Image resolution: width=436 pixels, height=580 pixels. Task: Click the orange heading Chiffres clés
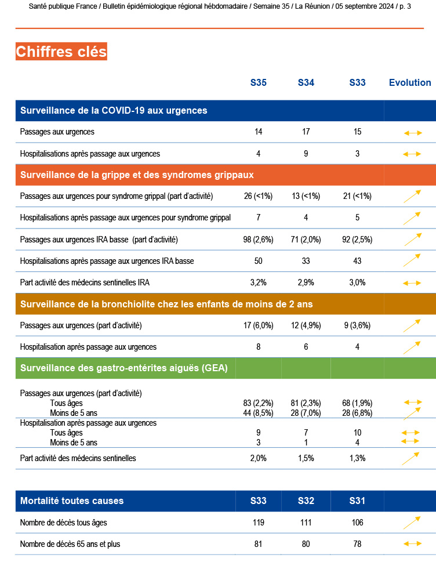[x=61, y=52]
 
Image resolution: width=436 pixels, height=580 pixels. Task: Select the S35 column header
[x=259, y=82]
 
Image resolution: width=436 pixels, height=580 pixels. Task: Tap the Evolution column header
[x=410, y=82]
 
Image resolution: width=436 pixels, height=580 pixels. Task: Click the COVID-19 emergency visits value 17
[x=306, y=132]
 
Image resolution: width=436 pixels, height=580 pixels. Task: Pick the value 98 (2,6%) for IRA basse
[x=259, y=239]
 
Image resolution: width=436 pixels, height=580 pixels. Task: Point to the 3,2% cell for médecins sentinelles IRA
[x=259, y=282]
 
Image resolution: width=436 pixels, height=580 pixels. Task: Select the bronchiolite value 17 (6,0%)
[x=259, y=325]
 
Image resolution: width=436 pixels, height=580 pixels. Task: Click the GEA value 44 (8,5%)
[x=259, y=413]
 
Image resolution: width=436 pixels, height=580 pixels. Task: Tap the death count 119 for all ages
[x=259, y=523]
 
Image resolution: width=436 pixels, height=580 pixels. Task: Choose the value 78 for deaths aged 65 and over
[x=358, y=544]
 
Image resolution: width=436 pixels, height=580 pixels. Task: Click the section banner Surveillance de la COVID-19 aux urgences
[x=114, y=110]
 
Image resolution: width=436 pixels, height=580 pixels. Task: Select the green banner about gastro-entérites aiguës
[x=124, y=368]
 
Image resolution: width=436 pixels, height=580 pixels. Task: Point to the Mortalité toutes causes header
[x=72, y=501]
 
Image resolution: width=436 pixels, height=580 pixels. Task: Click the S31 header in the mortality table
[x=358, y=501]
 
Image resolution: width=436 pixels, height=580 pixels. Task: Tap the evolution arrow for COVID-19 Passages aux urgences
[x=412, y=133]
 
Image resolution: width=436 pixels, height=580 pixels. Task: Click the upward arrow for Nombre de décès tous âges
[x=412, y=523]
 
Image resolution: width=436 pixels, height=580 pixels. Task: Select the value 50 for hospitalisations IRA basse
[x=259, y=261]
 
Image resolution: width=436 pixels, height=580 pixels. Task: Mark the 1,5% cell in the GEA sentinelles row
[x=306, y=458]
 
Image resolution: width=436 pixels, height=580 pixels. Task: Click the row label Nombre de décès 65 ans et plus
[x=70, y=544]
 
